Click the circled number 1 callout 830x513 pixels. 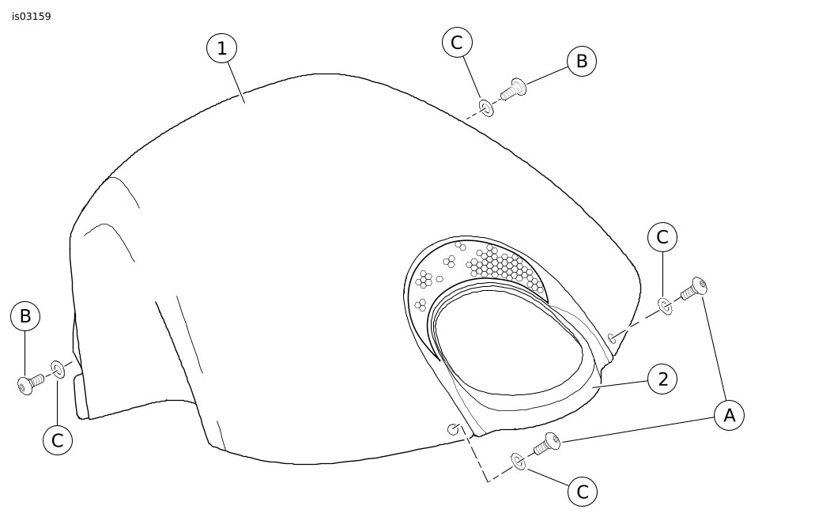tap(222, 48)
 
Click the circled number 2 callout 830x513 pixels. tap(662, 379)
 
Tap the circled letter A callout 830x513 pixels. tap(729, 415)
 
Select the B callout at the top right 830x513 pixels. tap(581, 61)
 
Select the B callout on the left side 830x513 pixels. tap(25, 316)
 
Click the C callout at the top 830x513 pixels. tap(457, 43)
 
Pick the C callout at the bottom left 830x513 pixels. tap(57, 440)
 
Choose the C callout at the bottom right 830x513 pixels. tap(583, 492)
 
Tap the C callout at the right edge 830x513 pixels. tap(662, 236)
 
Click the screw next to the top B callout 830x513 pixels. tap(513, 89)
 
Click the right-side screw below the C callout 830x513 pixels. tap(694, 289)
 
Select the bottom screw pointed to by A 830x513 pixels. tap(547, 443)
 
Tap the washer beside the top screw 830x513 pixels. tap(486, 108)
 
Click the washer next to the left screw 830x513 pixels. tap(58, 368)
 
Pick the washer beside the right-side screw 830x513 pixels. tap(665, 306)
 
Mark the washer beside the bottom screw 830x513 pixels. tap(519, 461)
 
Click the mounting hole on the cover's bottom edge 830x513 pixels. tap(454, 429)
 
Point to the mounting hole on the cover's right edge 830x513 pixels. tap(613, 338)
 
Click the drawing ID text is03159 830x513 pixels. tap(32, 17)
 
